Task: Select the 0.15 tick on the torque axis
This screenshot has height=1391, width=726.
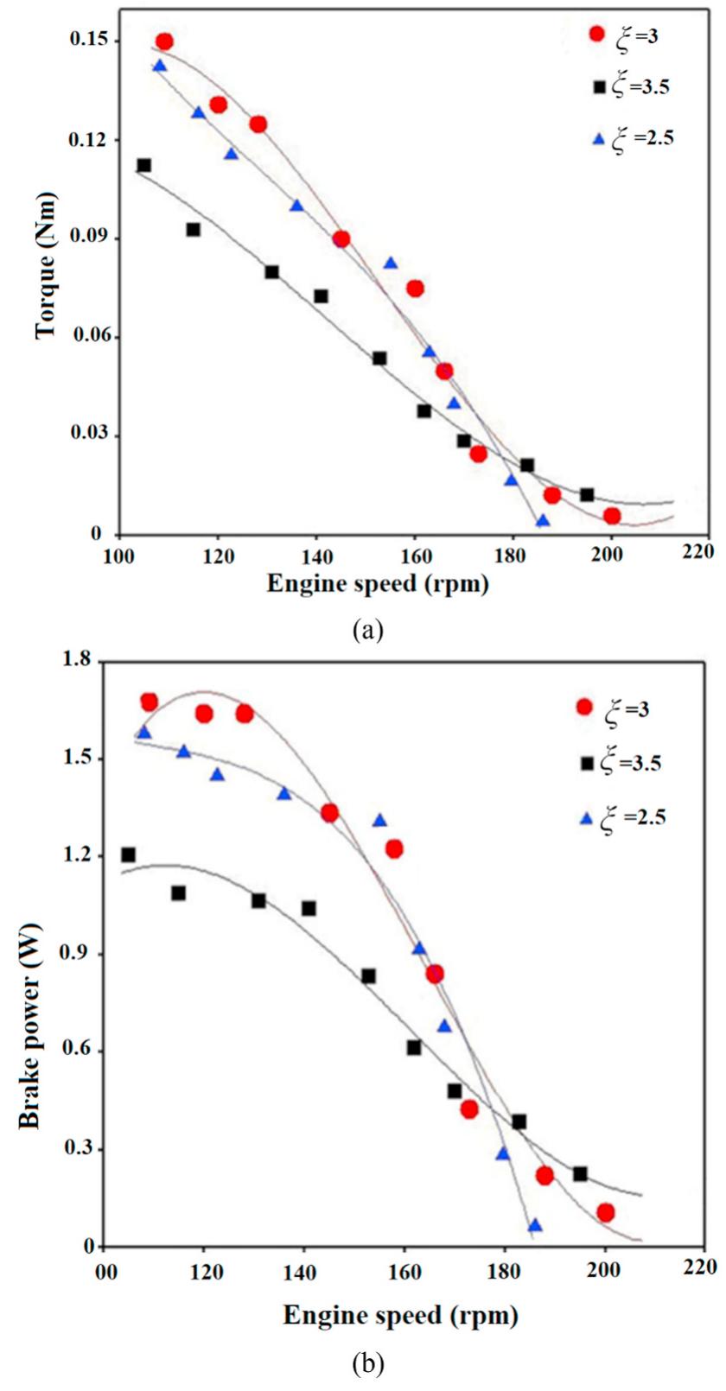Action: [85, 41]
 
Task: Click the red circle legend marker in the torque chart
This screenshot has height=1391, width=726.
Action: [596, 34]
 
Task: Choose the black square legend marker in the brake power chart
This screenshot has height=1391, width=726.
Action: [589, 763]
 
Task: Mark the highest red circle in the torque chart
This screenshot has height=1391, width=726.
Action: [164, 41]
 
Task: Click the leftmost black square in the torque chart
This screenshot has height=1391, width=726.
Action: [143, 165]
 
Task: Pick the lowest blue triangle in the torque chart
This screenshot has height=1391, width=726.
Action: [543, 520]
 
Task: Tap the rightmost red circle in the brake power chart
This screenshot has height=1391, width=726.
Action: [605, 1212]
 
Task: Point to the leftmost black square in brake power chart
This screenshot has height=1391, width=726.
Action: [129, 854]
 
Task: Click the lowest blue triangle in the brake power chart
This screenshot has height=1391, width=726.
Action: [535, 1225]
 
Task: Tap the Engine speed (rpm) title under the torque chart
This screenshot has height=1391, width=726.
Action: [377, 585]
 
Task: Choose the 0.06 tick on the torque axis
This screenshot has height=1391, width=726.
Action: [85, 336]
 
